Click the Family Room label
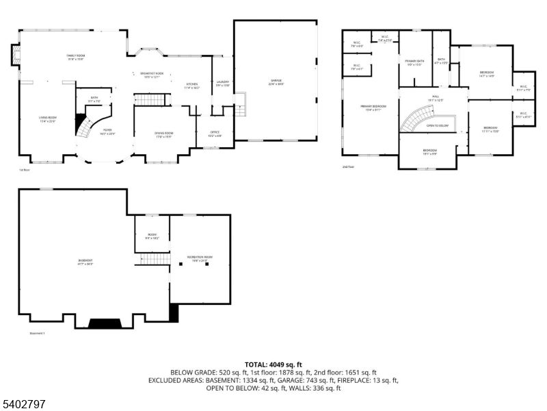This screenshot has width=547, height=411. [75, 57]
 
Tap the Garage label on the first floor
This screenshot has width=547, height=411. [276, 82]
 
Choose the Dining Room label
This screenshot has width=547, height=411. [164, 134]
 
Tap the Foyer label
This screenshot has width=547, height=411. [107, 130]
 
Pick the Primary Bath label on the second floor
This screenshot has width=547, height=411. [415, 62]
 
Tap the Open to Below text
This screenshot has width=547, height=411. [438, 126]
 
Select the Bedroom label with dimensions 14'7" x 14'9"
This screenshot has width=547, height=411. [487, 73]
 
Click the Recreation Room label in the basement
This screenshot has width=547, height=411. [200, 259]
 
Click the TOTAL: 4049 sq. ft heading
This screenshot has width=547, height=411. [273, 364]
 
